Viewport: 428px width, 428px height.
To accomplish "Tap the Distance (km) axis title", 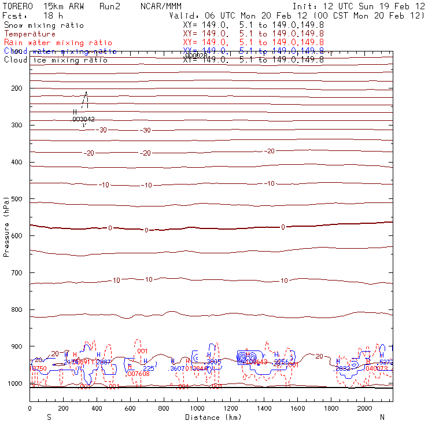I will coord(211,417).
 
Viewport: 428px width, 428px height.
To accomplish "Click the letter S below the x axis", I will coord(48,417).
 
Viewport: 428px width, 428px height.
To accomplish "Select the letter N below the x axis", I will coord(382,417).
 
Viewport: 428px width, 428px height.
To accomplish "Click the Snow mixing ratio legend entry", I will coord(43,25).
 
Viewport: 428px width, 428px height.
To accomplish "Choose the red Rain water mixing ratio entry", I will coord(58,43).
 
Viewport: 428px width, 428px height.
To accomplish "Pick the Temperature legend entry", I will coord(29,34).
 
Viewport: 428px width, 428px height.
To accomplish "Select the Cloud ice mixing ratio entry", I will coord(56,60).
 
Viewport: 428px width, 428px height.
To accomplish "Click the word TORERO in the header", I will coord(18,6).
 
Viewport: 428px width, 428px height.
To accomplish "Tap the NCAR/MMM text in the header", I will coord(161,6).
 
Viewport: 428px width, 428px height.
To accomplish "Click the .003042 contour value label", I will coord(83,119).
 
